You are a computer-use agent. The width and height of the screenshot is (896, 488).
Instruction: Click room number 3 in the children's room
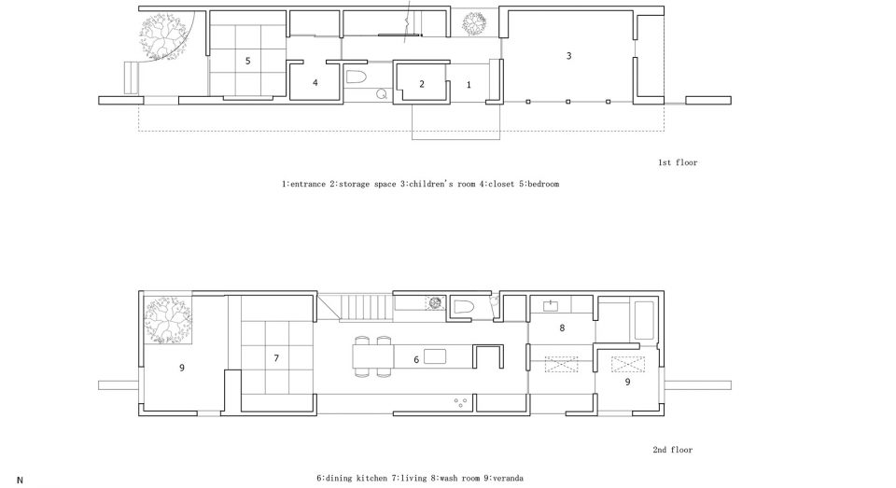click(568, 55)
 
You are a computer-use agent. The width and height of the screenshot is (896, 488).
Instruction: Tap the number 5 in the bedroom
click(247, 61)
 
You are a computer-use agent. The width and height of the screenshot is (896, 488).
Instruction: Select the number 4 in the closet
click(315, 83)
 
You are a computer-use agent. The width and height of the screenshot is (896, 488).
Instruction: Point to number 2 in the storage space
click(422, 84)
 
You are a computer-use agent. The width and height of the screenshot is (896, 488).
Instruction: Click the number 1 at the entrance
click(469, 85)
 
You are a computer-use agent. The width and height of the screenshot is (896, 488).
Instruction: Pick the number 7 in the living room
click(276, 358)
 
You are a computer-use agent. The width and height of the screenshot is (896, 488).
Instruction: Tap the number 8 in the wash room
click(562, 328)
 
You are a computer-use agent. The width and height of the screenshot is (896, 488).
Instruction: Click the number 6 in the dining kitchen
click(416, 359)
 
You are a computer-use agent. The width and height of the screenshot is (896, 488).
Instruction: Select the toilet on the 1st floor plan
click(357, 77)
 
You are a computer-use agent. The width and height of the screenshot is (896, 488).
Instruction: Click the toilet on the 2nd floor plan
click(464, 307)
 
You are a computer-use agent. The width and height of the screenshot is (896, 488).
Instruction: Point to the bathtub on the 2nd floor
click(643, 321)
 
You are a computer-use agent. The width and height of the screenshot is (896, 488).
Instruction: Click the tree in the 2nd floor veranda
click(166, 319)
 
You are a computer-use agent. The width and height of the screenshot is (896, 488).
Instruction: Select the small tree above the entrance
click(474, 22)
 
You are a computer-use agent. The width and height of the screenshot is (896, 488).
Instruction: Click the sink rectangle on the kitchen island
click(434, 356)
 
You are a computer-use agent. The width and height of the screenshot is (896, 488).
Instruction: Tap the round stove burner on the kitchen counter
click(434, 302)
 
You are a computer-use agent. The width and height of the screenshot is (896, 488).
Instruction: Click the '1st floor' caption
click(678, 162)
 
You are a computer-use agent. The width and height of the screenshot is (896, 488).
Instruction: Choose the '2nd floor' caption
click(673, 450)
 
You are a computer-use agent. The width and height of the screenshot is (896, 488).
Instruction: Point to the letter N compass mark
click(20, 481)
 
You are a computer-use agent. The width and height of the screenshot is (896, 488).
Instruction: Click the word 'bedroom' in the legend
click(543, 184)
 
